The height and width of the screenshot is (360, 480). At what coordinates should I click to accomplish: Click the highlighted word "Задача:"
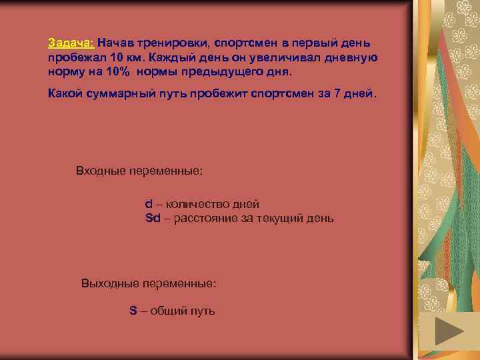(71, 43)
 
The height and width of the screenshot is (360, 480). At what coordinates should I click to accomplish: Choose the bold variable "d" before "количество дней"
(149, 204)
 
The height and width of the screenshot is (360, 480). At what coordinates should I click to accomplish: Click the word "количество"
(195, 204)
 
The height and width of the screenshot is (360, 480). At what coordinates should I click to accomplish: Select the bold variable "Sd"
(153, 218)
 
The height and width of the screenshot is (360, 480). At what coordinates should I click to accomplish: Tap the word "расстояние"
(205, 218)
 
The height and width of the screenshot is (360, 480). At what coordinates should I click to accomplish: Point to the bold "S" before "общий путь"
(133, 311)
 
